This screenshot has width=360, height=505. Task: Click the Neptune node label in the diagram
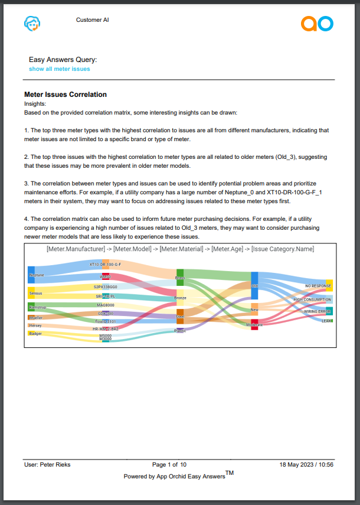[35, 275]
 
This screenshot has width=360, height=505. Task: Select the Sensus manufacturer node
[35, 292]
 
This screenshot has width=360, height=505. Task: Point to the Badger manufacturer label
[35, 333]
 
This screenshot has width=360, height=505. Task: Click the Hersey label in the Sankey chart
[35, 325]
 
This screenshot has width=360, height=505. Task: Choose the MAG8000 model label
[106, 305]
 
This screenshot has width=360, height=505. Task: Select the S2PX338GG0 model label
[106, 287]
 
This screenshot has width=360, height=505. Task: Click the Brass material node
[180, 277]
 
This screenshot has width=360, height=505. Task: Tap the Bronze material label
[180, 298]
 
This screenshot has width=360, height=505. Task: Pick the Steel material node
[180, 316]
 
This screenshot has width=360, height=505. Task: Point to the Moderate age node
[254, 324]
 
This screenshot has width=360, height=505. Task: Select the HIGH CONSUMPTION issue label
[313, 299]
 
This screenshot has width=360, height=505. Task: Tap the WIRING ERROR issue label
[318, 311]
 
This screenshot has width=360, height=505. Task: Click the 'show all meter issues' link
[60, 69]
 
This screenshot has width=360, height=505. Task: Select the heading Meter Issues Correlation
[66, 95]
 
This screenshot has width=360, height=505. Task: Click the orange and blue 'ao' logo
[317, 24]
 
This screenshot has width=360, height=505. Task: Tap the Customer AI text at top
[92, 20]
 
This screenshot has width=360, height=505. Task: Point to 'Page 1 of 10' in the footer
[169, 465]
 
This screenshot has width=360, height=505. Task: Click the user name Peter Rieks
[47, 465]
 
